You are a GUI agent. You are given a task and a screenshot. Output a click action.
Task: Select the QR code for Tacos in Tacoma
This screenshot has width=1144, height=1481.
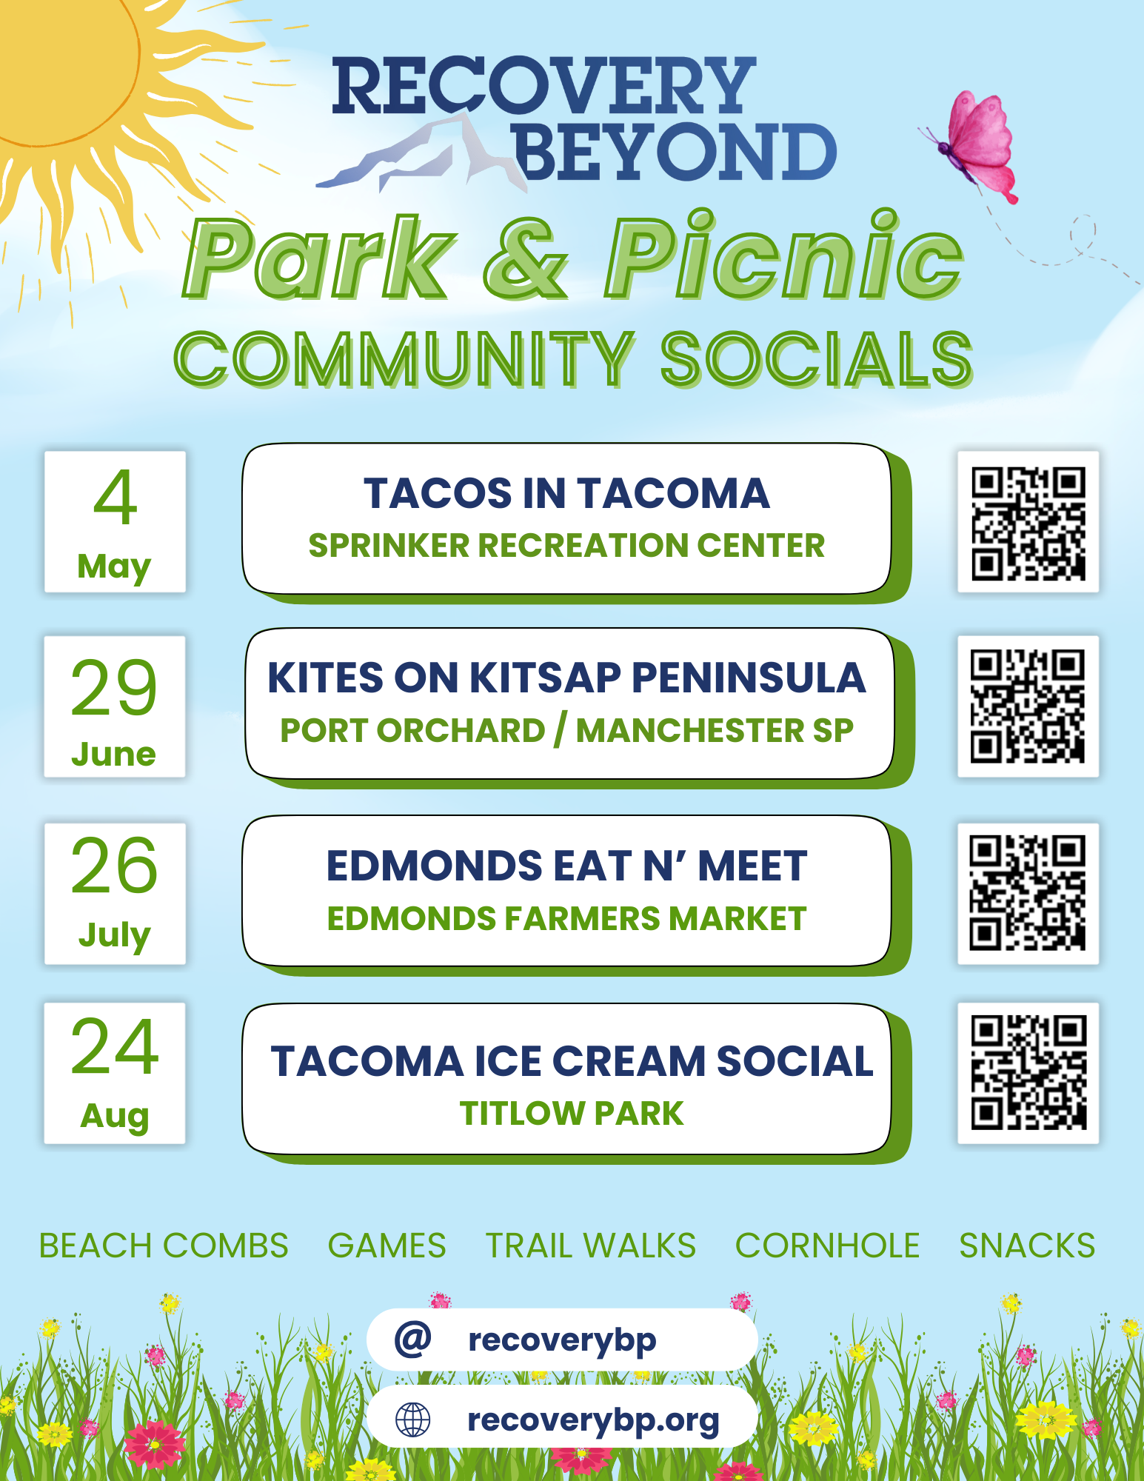point(1028,522)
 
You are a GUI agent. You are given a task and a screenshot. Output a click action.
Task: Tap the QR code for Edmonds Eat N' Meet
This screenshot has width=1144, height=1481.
point(1028,893)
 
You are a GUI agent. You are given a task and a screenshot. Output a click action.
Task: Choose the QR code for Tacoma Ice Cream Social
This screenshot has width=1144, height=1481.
point(1028,1073)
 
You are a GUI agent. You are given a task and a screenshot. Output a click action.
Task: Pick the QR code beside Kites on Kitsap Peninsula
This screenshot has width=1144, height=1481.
point(1028,706)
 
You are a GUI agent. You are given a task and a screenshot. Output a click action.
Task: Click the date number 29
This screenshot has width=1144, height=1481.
point(114,688)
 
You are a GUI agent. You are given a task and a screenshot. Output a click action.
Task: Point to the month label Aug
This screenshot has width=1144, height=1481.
point(115,1116)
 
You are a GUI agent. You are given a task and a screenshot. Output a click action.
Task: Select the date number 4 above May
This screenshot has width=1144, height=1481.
point(116,497)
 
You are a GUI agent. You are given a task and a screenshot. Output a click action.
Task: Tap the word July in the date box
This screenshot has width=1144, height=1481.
point(115,935)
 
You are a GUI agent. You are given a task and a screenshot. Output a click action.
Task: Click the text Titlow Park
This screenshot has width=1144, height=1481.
point(572,1113)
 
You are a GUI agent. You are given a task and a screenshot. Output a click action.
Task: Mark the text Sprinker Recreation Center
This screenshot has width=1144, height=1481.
point(566,545)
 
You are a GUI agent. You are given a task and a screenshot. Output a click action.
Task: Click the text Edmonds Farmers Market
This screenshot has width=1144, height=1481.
point(566,918)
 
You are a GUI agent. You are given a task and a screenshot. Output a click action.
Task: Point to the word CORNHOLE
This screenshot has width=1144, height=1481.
point(827,1246)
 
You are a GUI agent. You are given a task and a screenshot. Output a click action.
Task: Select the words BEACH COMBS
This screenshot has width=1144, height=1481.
point(164,1246)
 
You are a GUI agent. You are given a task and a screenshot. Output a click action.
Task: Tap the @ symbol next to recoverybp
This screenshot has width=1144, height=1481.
point(412,1339)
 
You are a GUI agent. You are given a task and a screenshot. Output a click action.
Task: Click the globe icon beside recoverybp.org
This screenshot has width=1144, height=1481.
point(412,1420)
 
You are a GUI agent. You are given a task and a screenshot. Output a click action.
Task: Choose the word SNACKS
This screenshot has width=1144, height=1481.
point(1027,1246)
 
